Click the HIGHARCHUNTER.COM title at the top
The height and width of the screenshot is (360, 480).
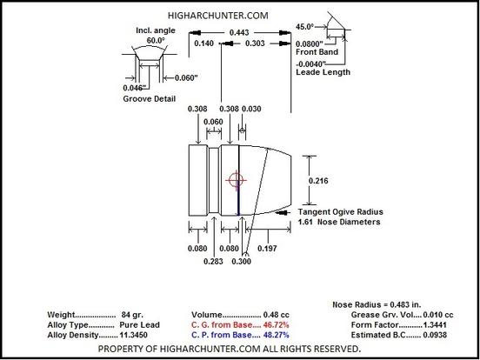click(x=218, y=16)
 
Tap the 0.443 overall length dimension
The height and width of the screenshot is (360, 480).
click(x=239, y=32)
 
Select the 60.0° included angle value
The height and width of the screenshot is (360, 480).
click(x=156, y=41)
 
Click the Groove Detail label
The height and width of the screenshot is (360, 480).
click(x=149, y=99)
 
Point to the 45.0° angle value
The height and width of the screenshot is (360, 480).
click(x=305, y=27)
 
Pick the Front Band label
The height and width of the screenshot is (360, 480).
click(x=317, y=52)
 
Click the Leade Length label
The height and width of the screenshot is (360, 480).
click(x=323, y=72)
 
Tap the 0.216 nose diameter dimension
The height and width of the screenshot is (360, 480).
click(x=318, y=181)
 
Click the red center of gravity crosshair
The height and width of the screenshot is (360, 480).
click(x=236, y=180)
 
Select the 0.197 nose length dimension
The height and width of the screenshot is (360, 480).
click(x=267, y=249)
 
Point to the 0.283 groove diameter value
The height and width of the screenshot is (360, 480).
click(x=213, y=262)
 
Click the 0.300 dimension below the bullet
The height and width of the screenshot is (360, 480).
click(x=241, y=262)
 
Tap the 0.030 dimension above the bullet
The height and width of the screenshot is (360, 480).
click(x=251, y=109)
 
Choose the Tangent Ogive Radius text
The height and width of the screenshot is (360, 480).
click(x=340, y=212)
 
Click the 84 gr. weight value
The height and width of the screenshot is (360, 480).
click(x=132, y=315)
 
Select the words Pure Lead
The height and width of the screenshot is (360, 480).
click(x=140, y=325)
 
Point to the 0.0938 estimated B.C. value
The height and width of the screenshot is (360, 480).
click(x=435, y=335)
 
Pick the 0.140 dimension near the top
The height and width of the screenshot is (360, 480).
click(x=203, y=43)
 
